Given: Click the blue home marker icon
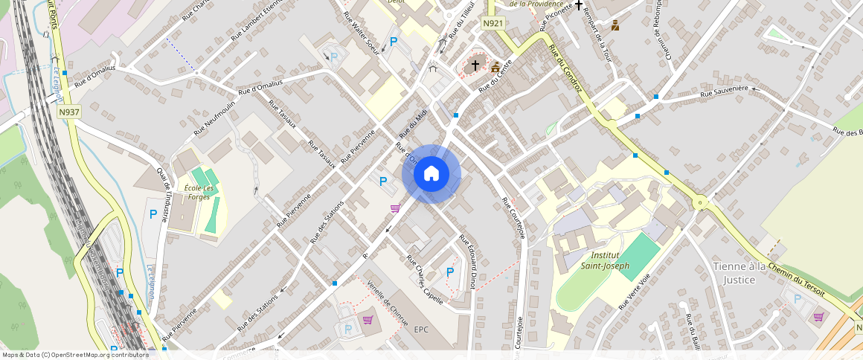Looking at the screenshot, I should pyautogui.click(x=431, y=174).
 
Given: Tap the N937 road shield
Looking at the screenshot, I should pyautogui.click(x=68, y=112).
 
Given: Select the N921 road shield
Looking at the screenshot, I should pyautogui.click(x=493, y=24).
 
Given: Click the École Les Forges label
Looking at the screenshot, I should pyautogui.click(x=198, y=192).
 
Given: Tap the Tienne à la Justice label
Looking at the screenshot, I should pyautogui.click(x=744, y=273).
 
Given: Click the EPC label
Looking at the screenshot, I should pyautogui.click(x=422, y=329).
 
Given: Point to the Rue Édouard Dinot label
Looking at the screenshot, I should pyautogui.click(x=467, y=261).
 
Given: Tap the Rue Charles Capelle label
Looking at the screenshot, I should pyautogui.click(x=425, y=280).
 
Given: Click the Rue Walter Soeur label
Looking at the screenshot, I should pyautogui.click(x=363, y=36).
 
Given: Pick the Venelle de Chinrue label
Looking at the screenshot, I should pyautogui.click(x=388, y=303).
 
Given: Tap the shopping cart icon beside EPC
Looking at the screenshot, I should pyautogui.click(x=368, y=320).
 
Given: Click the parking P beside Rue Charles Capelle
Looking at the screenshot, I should pyautogui.click(x=450, y=272).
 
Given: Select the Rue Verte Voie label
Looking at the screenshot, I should pyautogui.click(x=634, y=290).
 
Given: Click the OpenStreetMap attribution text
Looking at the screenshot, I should pyautogui.click(x=74, y=355).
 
